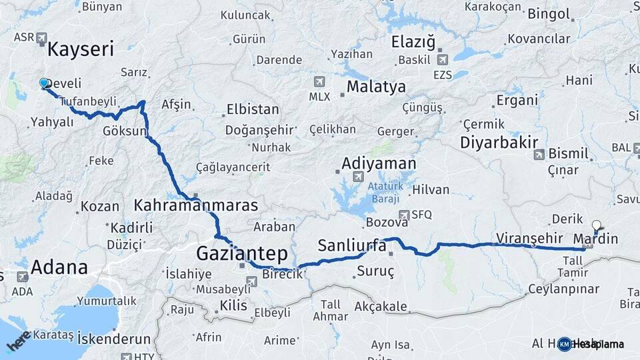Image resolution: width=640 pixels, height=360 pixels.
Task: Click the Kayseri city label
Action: pos(81,49)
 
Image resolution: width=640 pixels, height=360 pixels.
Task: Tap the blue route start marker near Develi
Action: pos(44,83)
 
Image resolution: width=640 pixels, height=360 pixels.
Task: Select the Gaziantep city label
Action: pos(242,253)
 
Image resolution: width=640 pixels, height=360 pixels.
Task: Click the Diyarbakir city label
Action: pos(499,142)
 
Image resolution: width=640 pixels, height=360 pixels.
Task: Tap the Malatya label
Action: pos(376,87)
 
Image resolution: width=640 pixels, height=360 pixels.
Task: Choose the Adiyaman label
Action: pos(379,163)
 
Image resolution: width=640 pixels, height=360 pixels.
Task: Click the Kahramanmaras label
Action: pos(196,205)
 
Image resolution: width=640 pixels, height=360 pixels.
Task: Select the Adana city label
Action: pos(60,267)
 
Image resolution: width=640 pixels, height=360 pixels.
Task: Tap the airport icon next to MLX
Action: pos(319,81)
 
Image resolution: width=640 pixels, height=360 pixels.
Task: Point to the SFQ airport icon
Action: pos(403,215)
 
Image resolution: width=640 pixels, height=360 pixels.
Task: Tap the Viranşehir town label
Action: pos(531,238)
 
